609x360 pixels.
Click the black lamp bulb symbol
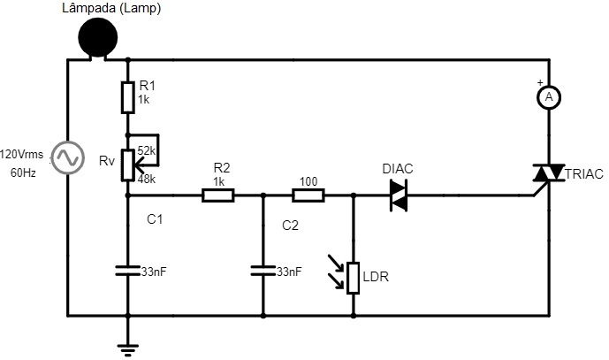tap(98, 38)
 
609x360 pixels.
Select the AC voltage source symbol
tap(68, 157)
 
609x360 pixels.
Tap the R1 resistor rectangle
tap(128, 97)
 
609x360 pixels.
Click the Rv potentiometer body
tap(128, 165)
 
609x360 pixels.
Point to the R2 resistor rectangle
tap(218, 195)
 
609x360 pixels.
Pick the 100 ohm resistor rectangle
tap(308, 195)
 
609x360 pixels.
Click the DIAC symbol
tap(399, 195)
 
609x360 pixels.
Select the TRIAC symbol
tap(548, 173)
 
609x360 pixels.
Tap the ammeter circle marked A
tap(549, 97)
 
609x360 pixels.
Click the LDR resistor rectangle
tap(353, 278)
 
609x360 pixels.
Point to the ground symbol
tap(127, 350)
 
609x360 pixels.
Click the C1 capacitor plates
tap(128, 271)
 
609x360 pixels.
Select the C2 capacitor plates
tap(263, 271)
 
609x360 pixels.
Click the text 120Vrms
tap(22, 155)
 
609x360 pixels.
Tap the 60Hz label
tap(23, 173)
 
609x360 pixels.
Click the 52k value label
tap(146, 151)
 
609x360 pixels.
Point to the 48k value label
tap(146, 180)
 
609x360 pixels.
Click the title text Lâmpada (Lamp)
tap(111, 9)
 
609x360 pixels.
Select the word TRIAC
tap(584, 174)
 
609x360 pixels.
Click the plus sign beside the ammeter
tap(540, 82)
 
